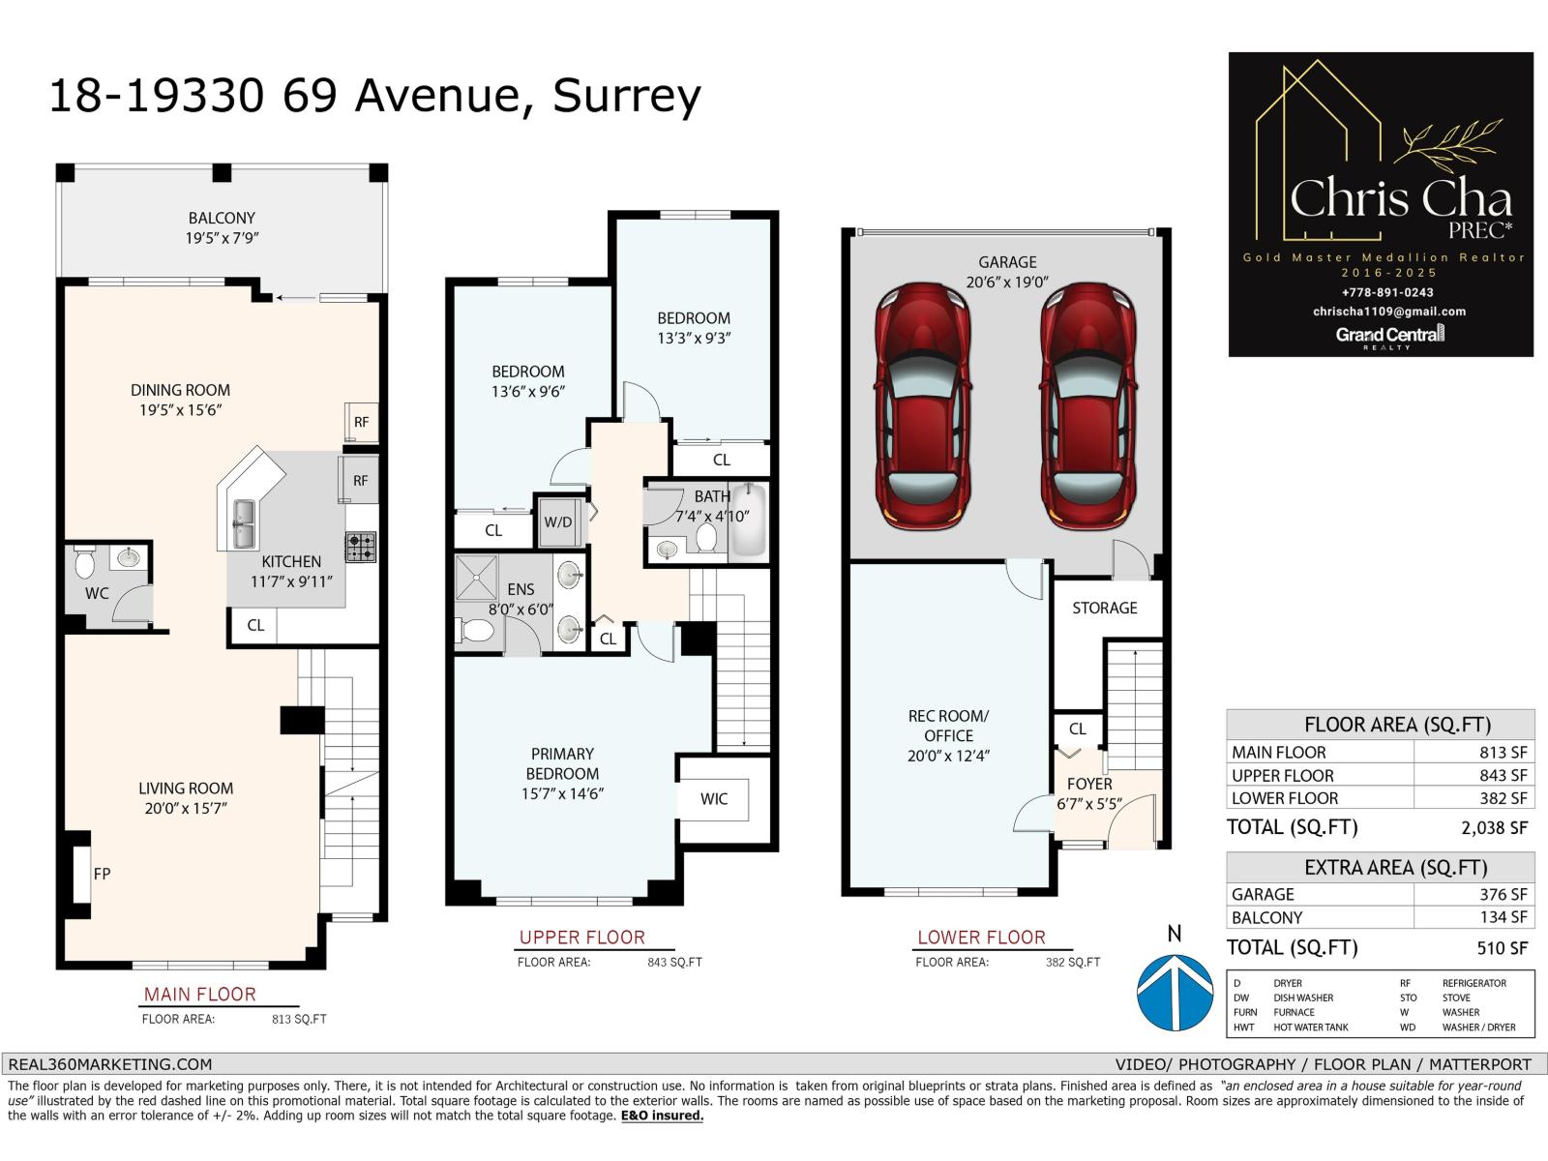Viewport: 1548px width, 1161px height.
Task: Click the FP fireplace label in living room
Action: pos(102,874)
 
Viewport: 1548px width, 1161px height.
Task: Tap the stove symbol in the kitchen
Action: pos(361,548)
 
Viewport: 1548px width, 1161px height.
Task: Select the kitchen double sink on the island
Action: pos(242,523)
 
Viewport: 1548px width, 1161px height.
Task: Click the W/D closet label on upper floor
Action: pos(558,522)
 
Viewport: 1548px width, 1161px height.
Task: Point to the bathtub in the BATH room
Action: pos(748,520)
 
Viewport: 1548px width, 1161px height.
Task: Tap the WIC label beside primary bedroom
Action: pos(714,799)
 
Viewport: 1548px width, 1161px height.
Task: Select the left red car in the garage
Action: pos(922,406)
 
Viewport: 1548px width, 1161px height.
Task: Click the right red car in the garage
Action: pos(1087,406)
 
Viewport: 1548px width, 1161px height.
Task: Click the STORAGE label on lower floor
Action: pos(1104,608)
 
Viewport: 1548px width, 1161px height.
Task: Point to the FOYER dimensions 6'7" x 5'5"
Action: pos(1089,803)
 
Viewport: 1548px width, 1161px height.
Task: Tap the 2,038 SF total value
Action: pos(1494,827)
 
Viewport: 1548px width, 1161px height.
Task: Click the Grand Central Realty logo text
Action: pos(1389,335)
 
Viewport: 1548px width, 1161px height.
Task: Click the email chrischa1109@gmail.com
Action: pos(1389,312)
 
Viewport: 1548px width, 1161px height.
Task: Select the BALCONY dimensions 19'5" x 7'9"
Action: pos(222,238)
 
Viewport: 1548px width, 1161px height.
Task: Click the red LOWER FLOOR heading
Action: pos(981,938)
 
